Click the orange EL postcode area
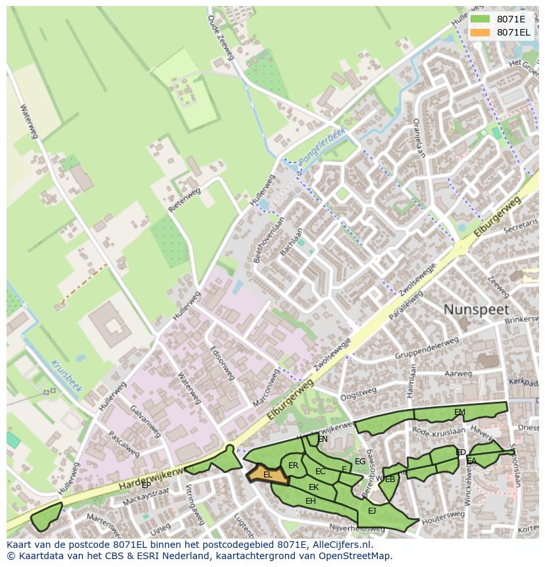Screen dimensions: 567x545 click(268, 475)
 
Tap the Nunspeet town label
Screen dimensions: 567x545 click(476, 310)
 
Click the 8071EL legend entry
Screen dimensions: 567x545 click(513, 32)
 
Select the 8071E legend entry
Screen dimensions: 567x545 click(510, 19)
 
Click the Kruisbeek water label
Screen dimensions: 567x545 click(66, 376)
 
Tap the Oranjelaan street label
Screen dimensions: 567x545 click(418, 136)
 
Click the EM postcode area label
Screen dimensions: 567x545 click(459, 412)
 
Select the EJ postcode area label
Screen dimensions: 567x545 click(372, 510)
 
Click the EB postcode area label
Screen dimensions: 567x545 click(390, 479)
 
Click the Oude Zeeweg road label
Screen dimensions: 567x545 click(221, 38)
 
